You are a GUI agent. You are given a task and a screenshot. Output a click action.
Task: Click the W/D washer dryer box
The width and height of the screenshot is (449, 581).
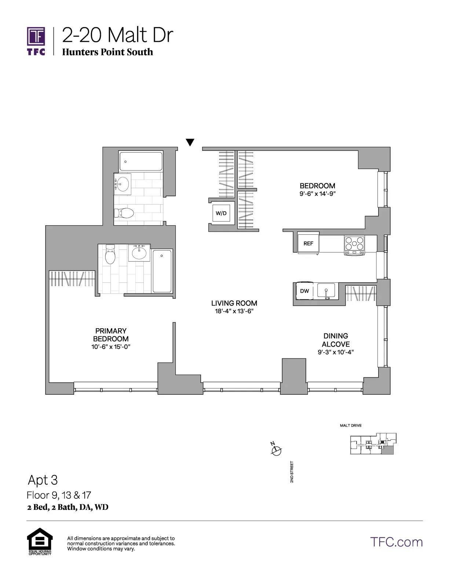coord(221,213)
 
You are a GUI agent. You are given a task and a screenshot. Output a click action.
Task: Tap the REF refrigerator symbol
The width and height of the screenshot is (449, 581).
coord(308,243)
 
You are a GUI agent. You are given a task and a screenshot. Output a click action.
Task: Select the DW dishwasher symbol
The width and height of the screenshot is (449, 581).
coord(304,291)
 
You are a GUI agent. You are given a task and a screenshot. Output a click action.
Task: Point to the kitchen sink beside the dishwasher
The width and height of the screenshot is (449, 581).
coord(326,291)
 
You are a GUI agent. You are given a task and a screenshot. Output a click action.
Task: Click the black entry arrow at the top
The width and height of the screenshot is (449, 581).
coord(190,142)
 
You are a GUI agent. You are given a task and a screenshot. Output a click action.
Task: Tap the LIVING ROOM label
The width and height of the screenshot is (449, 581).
coord(234,303)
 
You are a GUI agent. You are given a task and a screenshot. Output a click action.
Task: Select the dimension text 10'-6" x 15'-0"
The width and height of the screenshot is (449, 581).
coord(111,347)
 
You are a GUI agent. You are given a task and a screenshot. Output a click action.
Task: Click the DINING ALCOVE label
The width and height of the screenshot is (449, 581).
coord(336,340)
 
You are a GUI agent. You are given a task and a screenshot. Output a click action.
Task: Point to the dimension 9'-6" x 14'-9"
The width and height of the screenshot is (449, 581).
coord(317,194)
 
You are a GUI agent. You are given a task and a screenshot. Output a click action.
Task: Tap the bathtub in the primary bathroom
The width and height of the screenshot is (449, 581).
coord(162,271)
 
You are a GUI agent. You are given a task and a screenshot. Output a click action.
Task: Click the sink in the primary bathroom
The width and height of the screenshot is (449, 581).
coord(139,252)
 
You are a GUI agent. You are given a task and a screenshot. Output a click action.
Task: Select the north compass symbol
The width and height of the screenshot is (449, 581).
coord(276,450)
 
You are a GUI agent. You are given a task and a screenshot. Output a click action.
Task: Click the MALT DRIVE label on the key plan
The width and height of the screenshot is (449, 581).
coord(351,425)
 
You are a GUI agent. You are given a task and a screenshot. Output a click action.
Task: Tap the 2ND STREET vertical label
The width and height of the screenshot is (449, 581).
coord(292,472)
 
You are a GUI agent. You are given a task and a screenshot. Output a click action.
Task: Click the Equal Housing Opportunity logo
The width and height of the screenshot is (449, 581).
coord(40,541)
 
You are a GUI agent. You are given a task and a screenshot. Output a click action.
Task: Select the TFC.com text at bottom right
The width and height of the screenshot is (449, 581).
coord(396,542)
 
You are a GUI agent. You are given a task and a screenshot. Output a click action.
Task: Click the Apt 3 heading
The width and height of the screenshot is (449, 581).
coord(43,480)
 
